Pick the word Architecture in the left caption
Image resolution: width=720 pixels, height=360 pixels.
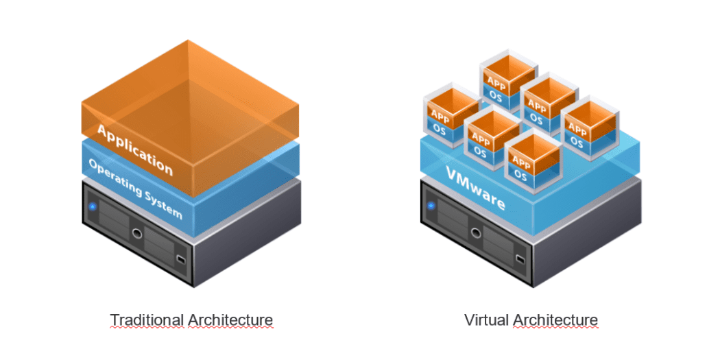(230, 320)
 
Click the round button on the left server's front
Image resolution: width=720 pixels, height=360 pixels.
(137, 234)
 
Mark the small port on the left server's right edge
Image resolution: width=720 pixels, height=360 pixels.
(180, 260)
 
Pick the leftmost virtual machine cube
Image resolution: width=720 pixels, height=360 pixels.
(450, 117)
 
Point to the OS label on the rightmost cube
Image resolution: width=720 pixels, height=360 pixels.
(576, 143)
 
